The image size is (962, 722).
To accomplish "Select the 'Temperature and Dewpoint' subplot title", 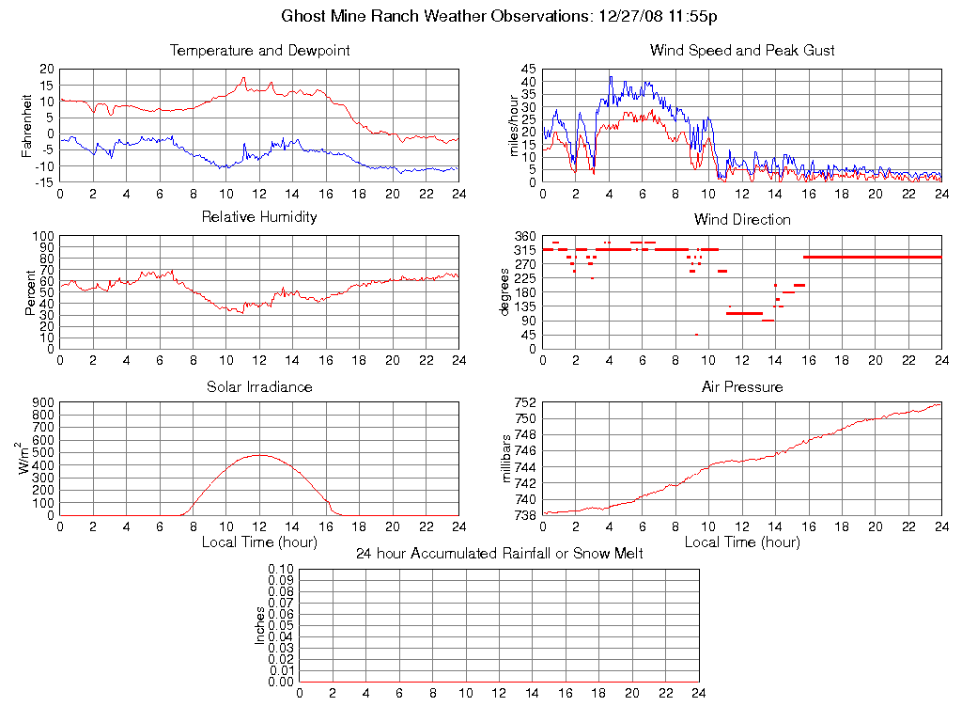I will point(259,50).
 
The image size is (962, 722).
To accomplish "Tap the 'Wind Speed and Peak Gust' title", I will point(742,50).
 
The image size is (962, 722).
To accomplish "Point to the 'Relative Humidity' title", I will point(259,217).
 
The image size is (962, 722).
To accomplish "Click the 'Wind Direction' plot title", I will point(742,219).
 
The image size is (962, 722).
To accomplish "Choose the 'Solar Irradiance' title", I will point(259,386).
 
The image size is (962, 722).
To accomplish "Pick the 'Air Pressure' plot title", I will point(742,386).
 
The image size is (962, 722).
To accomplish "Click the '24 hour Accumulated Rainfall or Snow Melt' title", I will point(500,554).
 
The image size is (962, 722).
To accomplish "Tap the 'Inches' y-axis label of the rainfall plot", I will point(260,625).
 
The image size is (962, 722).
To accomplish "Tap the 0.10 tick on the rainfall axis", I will point(281,570).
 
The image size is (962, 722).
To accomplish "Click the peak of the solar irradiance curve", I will point(259,455).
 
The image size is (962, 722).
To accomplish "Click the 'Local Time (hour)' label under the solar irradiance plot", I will point(259,541).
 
